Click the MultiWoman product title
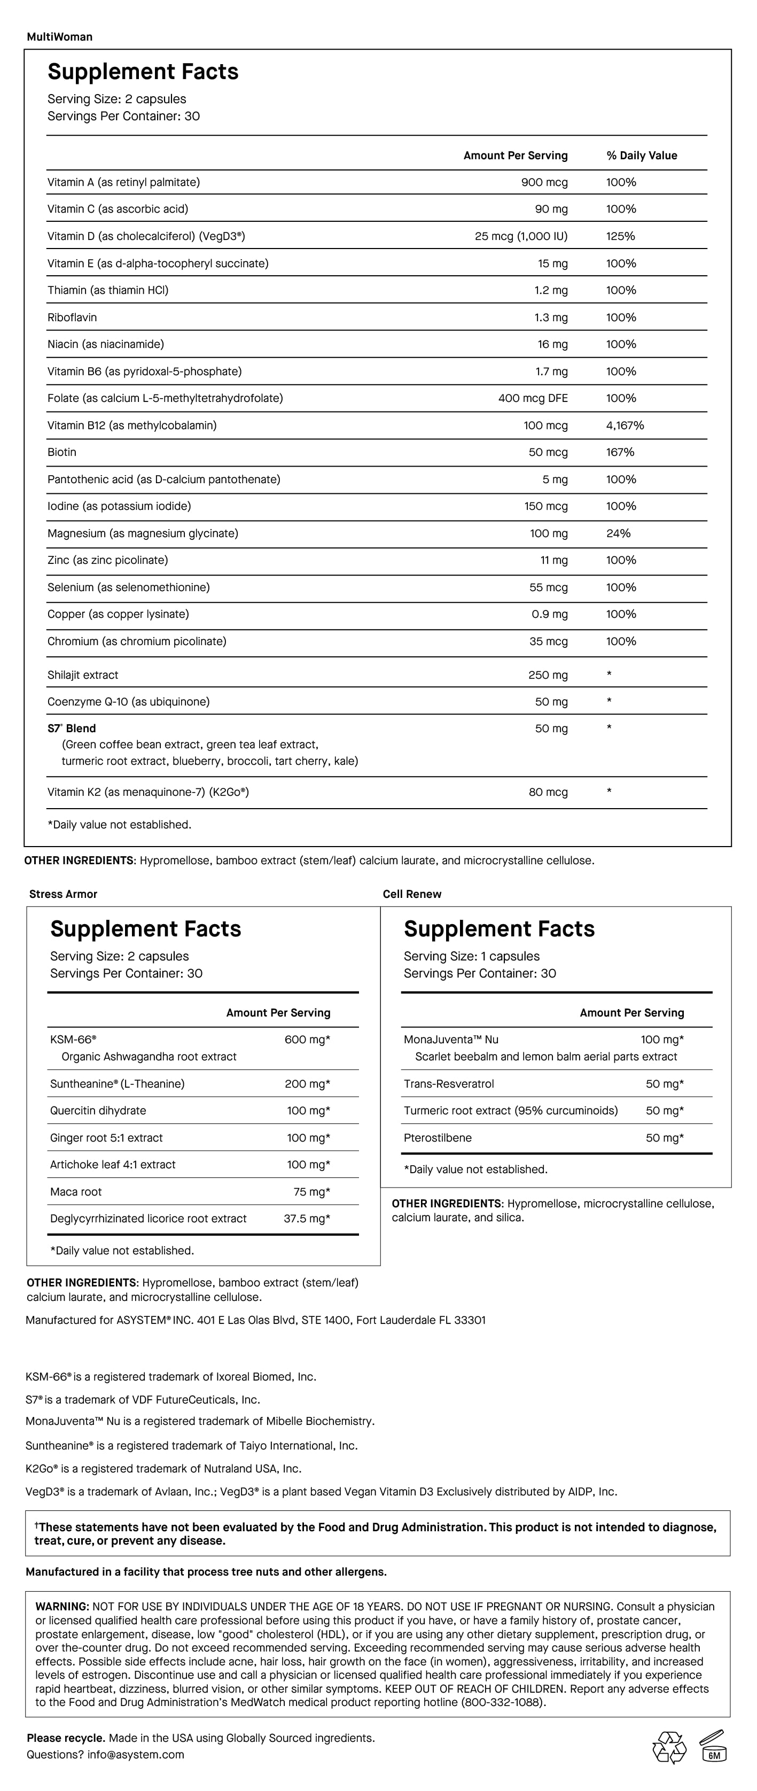pyautogui.click(x=59, y=37)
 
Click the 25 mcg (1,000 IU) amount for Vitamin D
pyautogui.click(x=521, y=236)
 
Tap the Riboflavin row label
pyautogui.click(x=72, y=317)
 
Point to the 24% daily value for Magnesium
pyautogui.click(x=618, y=533)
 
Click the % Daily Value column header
pyautogui.click(x=641, y=156)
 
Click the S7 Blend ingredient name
pyautogui.click(x=72, y=728)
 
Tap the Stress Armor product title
pyautogui.click(x=63, y=894)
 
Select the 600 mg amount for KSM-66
pyautogui.click(x=307, y=1040)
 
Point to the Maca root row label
pyautogui.click(x=76, y=1192)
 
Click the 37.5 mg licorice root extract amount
pyautogui.click(x=307, y=1219)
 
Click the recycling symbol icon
pyautogui.click(x=669, y=1747)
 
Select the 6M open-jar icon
pyautogui.click(x=713, y=1747)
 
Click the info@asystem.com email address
pyautogui.click(x=136, y=1755)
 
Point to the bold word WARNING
pyautogui.click(x=62, y=1607)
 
